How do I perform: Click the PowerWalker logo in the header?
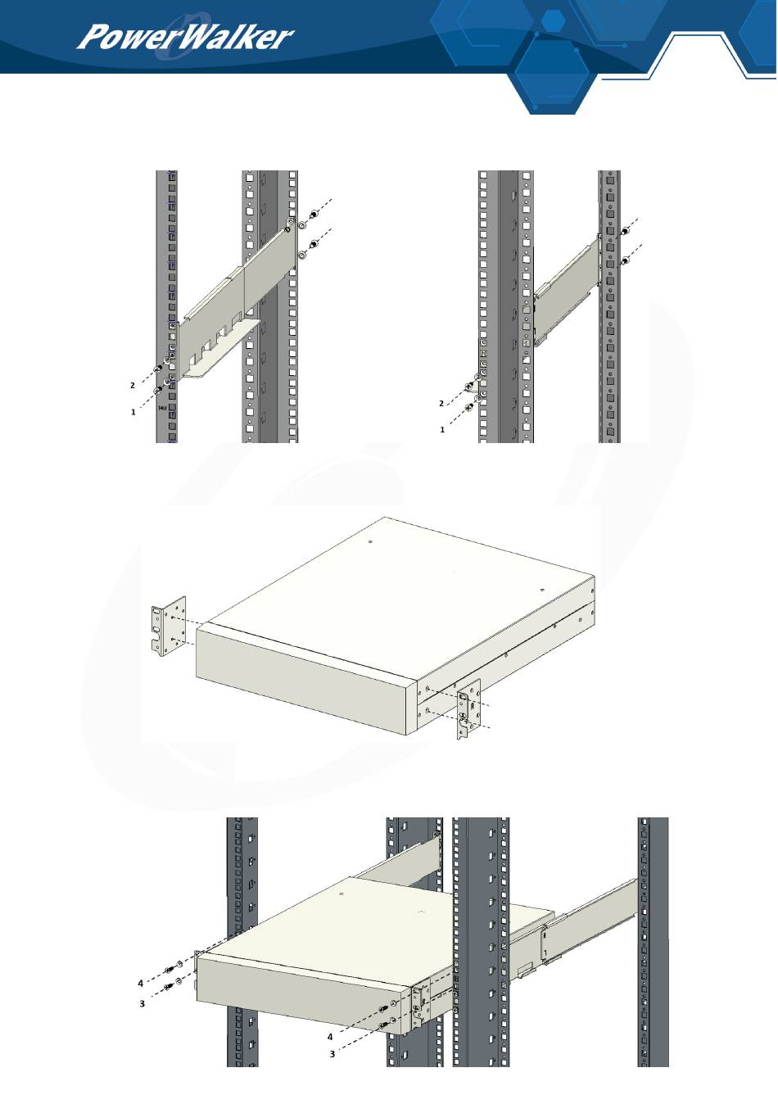pos(185,38)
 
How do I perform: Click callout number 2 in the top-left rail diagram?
pos(132,386)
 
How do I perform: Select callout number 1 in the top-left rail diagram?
pos(133,412)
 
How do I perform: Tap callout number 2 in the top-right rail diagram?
pos(441,404)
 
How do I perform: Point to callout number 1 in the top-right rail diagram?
pos(442,430)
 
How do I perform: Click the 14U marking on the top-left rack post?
pos(163,408)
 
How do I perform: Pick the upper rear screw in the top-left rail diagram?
pos(314,215)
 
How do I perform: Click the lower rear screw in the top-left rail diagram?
pos(314,244)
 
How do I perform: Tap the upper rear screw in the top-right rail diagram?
pos(625,231)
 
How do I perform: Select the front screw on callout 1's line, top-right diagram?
pos(469,406)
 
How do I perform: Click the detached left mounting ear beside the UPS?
pos(169,627)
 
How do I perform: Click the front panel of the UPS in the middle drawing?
pos(301,681)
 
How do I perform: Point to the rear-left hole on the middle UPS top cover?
pos(370,542)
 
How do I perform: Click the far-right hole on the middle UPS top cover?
pos(541,590)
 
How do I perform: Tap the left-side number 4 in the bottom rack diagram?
pos(140,984)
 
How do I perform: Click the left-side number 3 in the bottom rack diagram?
pos(142,1003)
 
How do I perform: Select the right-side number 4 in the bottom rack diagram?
pos(330,1037)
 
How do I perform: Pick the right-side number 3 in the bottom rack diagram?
pos(332,1054)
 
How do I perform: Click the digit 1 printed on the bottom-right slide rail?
pos(545,953)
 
